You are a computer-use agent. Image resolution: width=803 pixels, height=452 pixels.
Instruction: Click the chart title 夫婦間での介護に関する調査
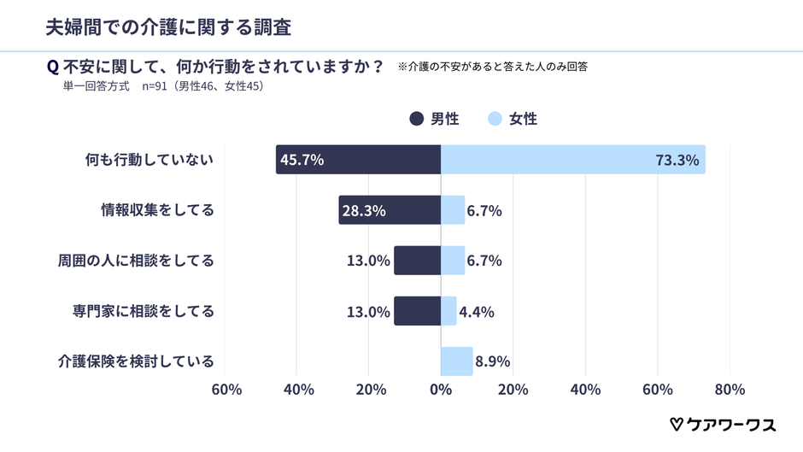point(167,27)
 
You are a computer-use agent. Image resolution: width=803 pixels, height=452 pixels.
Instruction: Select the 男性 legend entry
point(435,119)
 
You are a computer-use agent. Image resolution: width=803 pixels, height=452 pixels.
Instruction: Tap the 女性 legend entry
point(513,119)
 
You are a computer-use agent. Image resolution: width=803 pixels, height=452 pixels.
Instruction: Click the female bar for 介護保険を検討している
point(456,361)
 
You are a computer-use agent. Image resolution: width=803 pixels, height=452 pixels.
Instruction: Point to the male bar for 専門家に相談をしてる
point(417,311)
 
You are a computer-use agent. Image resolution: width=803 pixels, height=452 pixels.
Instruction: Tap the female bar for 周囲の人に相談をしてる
point(453,261)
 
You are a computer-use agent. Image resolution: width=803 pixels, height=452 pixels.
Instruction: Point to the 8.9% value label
point(493,361)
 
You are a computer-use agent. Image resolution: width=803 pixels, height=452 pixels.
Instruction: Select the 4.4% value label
point(477,311)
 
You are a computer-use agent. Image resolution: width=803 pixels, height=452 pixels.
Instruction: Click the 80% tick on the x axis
point(730,390)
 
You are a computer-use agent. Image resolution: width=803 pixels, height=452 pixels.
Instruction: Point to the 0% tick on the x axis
point(441,390)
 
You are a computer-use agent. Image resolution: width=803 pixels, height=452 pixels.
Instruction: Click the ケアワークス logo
point(722,425)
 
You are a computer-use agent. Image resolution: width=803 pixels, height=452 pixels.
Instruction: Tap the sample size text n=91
point(157,85)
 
